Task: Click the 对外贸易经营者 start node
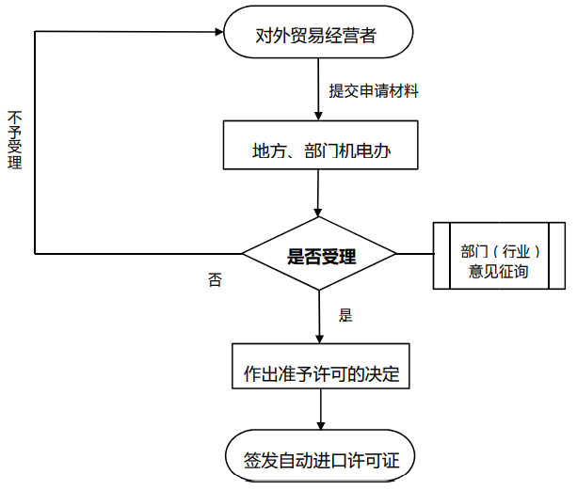coord(318,36)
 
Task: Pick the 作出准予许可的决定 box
coord(322,372)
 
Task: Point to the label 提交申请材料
coord(374,91)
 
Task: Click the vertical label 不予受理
coord(14,140)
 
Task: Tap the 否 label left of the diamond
coord(215,279)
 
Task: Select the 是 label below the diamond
coord(345,315)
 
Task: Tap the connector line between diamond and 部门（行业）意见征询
coord(414,254)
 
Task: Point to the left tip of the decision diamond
coord(244,254)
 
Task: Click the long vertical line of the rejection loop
coord(35,141)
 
